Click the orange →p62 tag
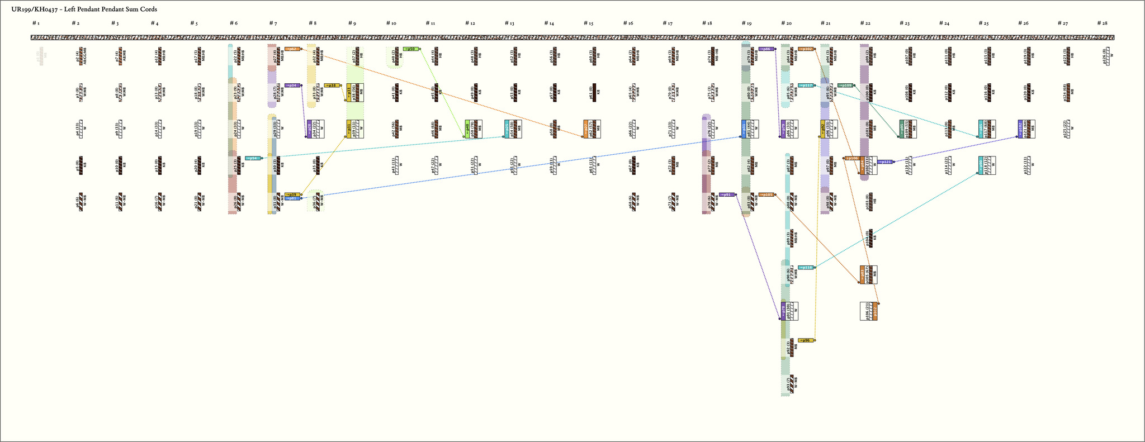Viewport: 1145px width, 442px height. pos(292,49)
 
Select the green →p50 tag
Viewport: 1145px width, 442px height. pos(411,49)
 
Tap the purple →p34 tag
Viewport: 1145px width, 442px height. pos(292,85)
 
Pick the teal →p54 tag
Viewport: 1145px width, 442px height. pos(253,158)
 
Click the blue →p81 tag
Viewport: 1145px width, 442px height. pos(292,198)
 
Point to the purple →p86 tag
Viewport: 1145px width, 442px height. pos(766,49)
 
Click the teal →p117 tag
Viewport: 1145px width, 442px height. pos(806,85)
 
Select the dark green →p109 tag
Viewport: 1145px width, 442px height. pos(845,85)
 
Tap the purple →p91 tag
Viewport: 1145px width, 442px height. pos(727,194)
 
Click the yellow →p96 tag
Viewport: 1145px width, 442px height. pos(806,340)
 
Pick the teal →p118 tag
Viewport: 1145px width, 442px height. pos(806,267)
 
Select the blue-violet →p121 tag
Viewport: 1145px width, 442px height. pos(885,162)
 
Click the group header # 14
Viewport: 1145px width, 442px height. pos(549,23)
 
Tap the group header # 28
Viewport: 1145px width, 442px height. pos(1102,23)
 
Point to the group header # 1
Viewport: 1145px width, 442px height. pos(36,23)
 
